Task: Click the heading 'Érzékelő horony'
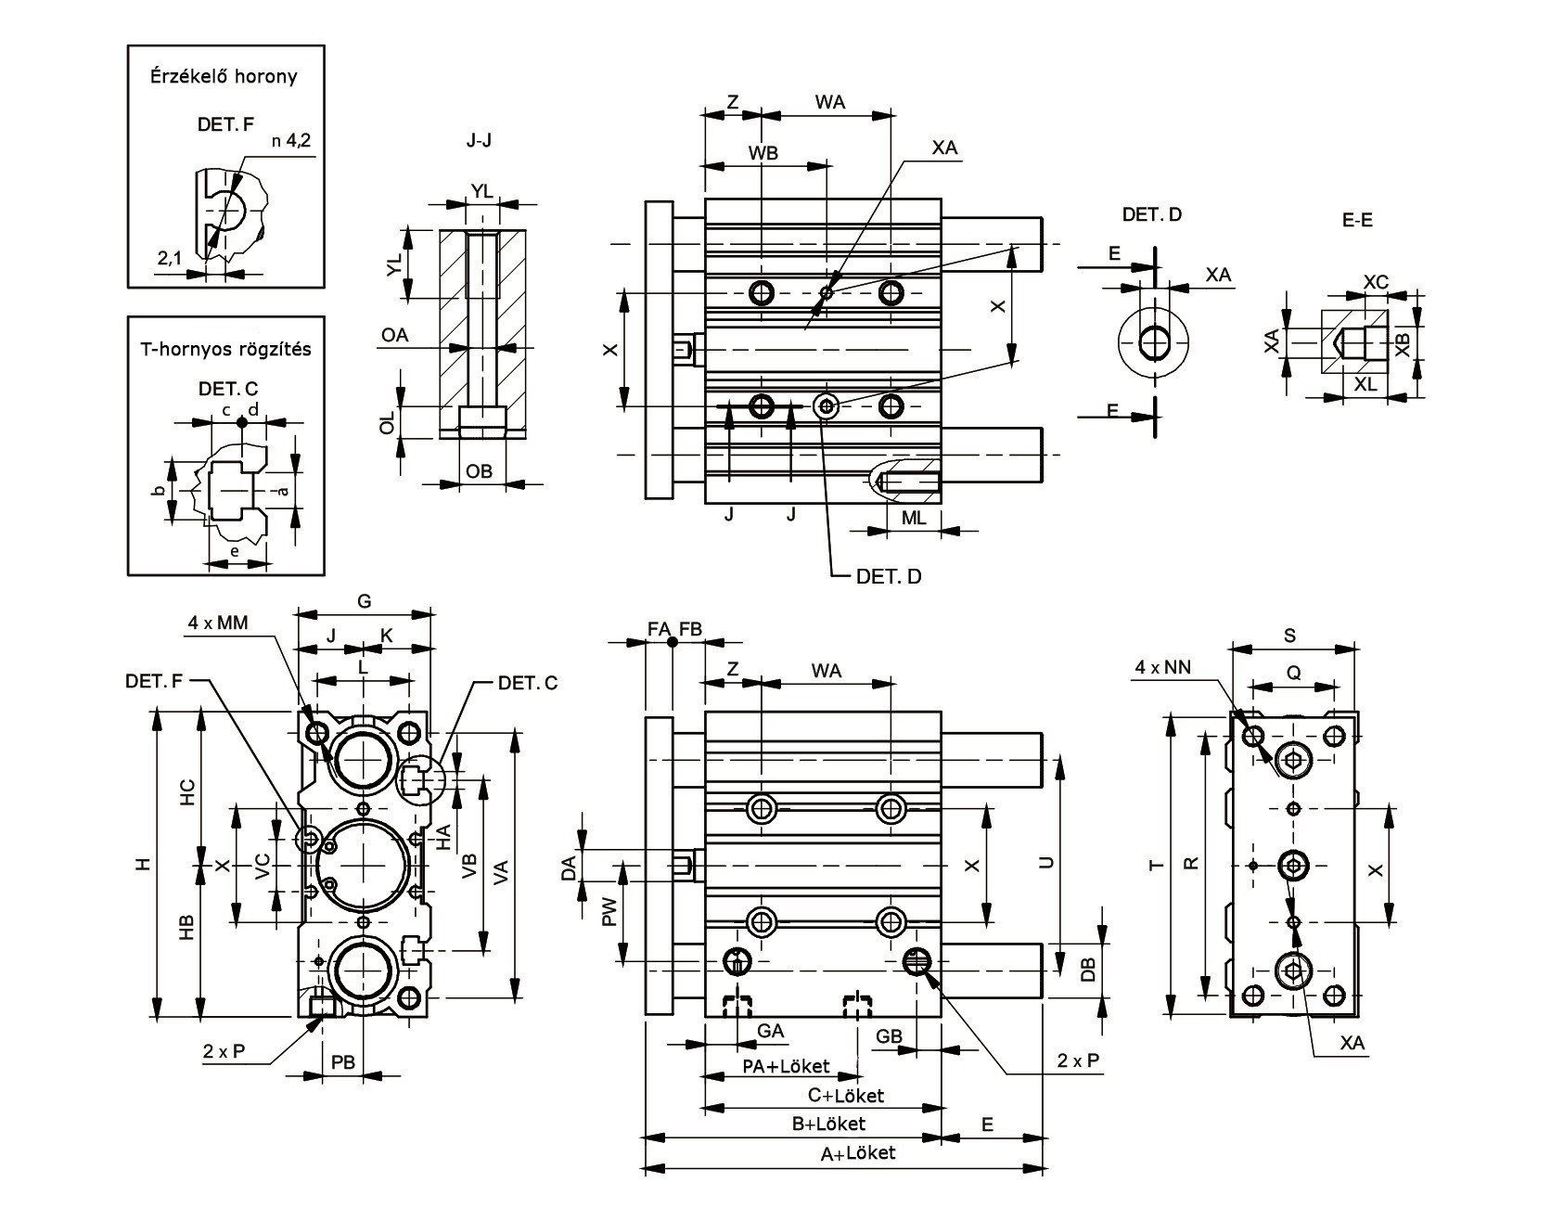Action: tap(224, 77)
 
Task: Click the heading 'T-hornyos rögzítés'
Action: tap(225, 350)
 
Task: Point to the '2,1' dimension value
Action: tap(170, 259)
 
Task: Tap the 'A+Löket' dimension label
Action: tap(859, 1153)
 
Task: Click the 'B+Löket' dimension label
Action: tap(828, 1124)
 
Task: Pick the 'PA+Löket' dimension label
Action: tap(787, 1066)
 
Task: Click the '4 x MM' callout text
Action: tap(218, 623)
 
